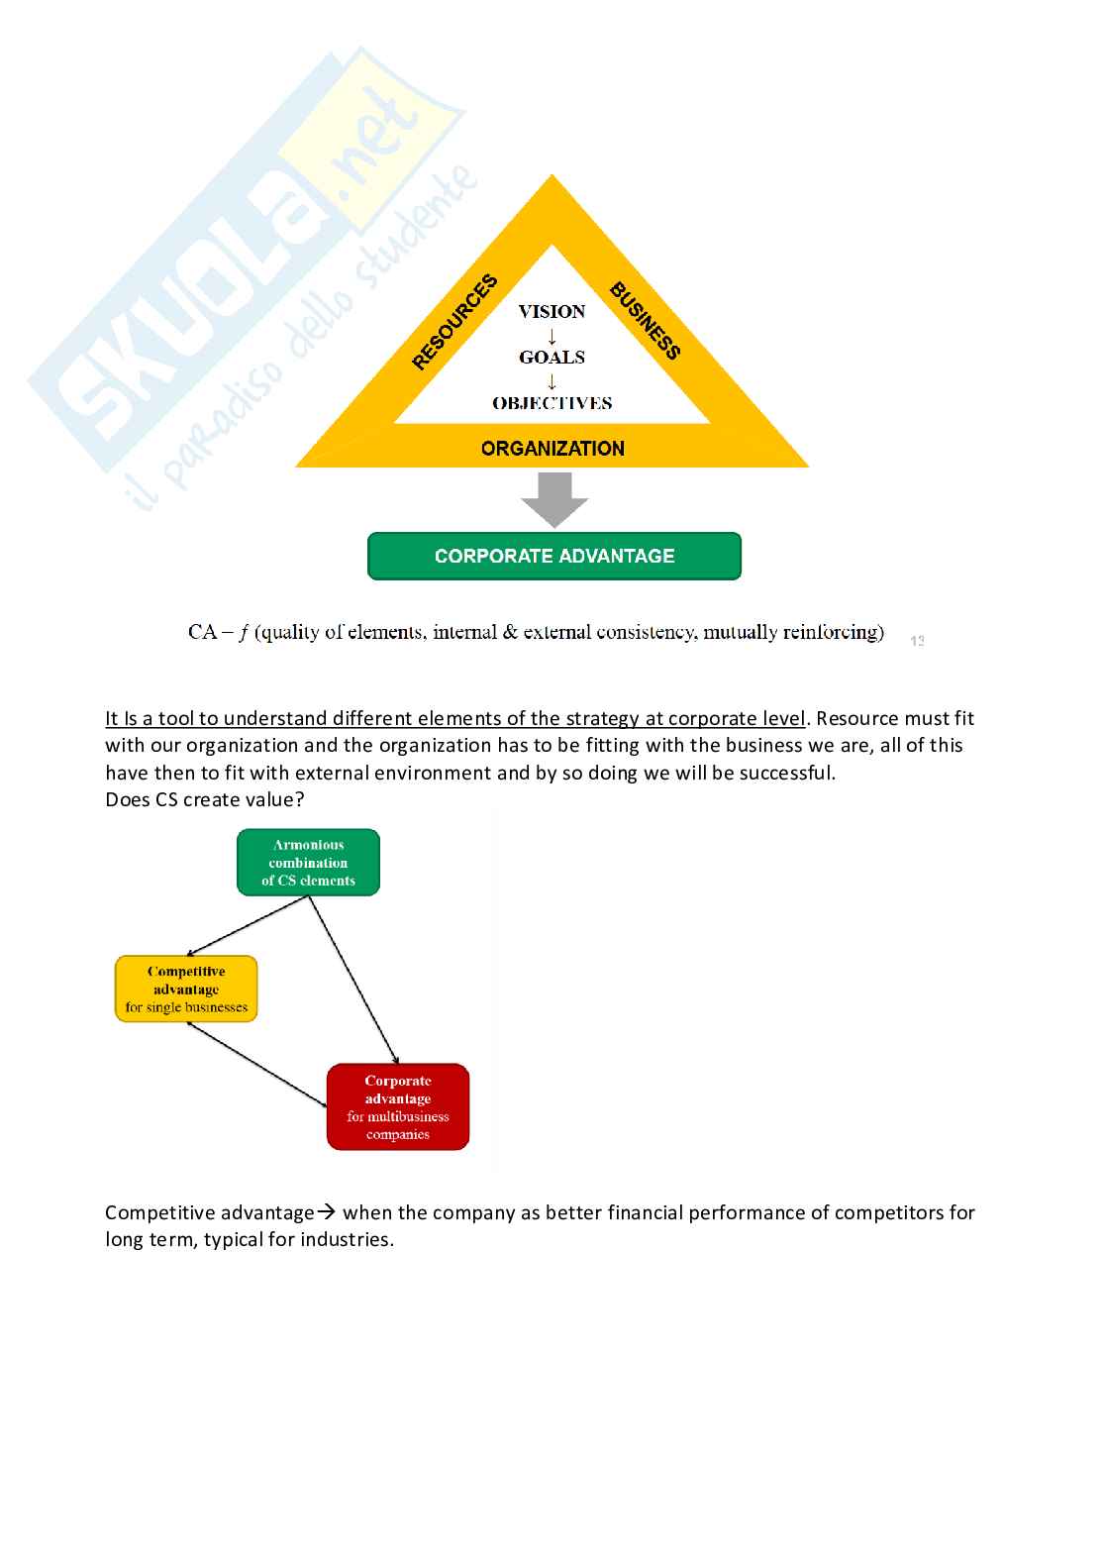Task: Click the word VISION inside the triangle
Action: tap(552, 311)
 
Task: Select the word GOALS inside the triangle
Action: tap(552, 358)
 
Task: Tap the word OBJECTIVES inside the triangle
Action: tap(552, 403)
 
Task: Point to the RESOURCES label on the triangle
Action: tap(454, 323)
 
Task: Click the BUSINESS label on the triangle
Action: tap(645, 321)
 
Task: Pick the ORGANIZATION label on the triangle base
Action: tap(552, 449)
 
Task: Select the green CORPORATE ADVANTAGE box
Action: tap(554, 557)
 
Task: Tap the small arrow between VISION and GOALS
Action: tap(552, 336)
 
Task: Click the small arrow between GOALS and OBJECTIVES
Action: tap(552, 381)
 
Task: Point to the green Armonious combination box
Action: tap(308, 863)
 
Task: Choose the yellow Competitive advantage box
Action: tap(186, 989)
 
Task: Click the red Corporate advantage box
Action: tap(397, 1107)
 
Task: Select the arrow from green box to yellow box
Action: tap(248, 926)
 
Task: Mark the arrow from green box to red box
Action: tap(353, 979)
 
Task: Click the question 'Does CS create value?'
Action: tap(205, 799)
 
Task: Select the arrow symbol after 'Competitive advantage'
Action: tap(327, 1212)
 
